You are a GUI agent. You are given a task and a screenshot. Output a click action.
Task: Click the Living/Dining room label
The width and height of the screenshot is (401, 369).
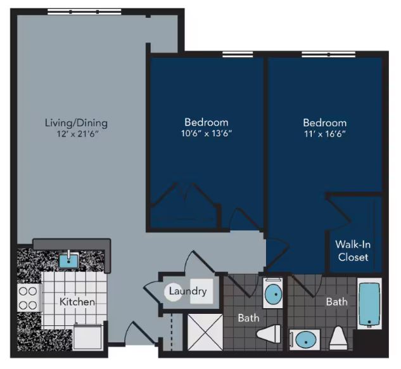point(76,122)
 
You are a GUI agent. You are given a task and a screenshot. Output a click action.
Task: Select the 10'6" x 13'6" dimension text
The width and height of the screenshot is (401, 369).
point(206,134)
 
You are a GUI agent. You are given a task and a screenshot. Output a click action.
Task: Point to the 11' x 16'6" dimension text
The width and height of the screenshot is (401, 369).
point(324,134)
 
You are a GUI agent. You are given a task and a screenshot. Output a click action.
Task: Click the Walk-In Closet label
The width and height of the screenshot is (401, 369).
point(352,251)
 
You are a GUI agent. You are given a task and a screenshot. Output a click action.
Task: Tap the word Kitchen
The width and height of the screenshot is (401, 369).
point(77,302)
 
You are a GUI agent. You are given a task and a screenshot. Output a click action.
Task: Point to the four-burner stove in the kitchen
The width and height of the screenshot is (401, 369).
point(27,298)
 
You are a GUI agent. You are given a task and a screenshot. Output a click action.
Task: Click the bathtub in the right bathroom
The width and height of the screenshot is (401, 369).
point(369,305)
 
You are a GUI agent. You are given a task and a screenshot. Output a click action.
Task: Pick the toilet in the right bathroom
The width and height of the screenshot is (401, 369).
point(338,337)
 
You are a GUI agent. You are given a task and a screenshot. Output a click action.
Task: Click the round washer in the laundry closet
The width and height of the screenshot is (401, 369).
point(175,292)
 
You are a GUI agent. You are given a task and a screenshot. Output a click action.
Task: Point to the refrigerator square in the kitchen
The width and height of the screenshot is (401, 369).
point(87,336)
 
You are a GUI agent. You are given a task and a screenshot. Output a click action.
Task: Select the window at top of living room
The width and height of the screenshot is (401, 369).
point(85,12)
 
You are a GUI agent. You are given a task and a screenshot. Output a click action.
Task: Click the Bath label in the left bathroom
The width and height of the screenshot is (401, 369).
point(248,316)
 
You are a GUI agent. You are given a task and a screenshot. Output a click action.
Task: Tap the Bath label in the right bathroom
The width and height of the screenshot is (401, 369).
point(336,302)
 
